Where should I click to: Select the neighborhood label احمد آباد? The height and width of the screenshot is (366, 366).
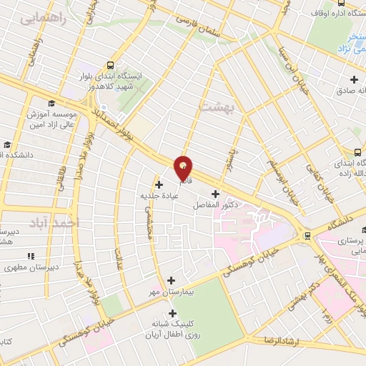(51, 223)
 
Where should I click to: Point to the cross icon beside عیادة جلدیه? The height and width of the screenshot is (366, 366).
(159, 184)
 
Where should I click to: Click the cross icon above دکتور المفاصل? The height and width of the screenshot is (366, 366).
(216, 194)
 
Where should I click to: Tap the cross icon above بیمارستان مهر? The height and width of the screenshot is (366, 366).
(170, 280)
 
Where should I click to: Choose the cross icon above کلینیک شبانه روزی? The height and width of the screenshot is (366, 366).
(172, 312)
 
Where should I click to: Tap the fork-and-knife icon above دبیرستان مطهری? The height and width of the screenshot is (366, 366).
(31, 256)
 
